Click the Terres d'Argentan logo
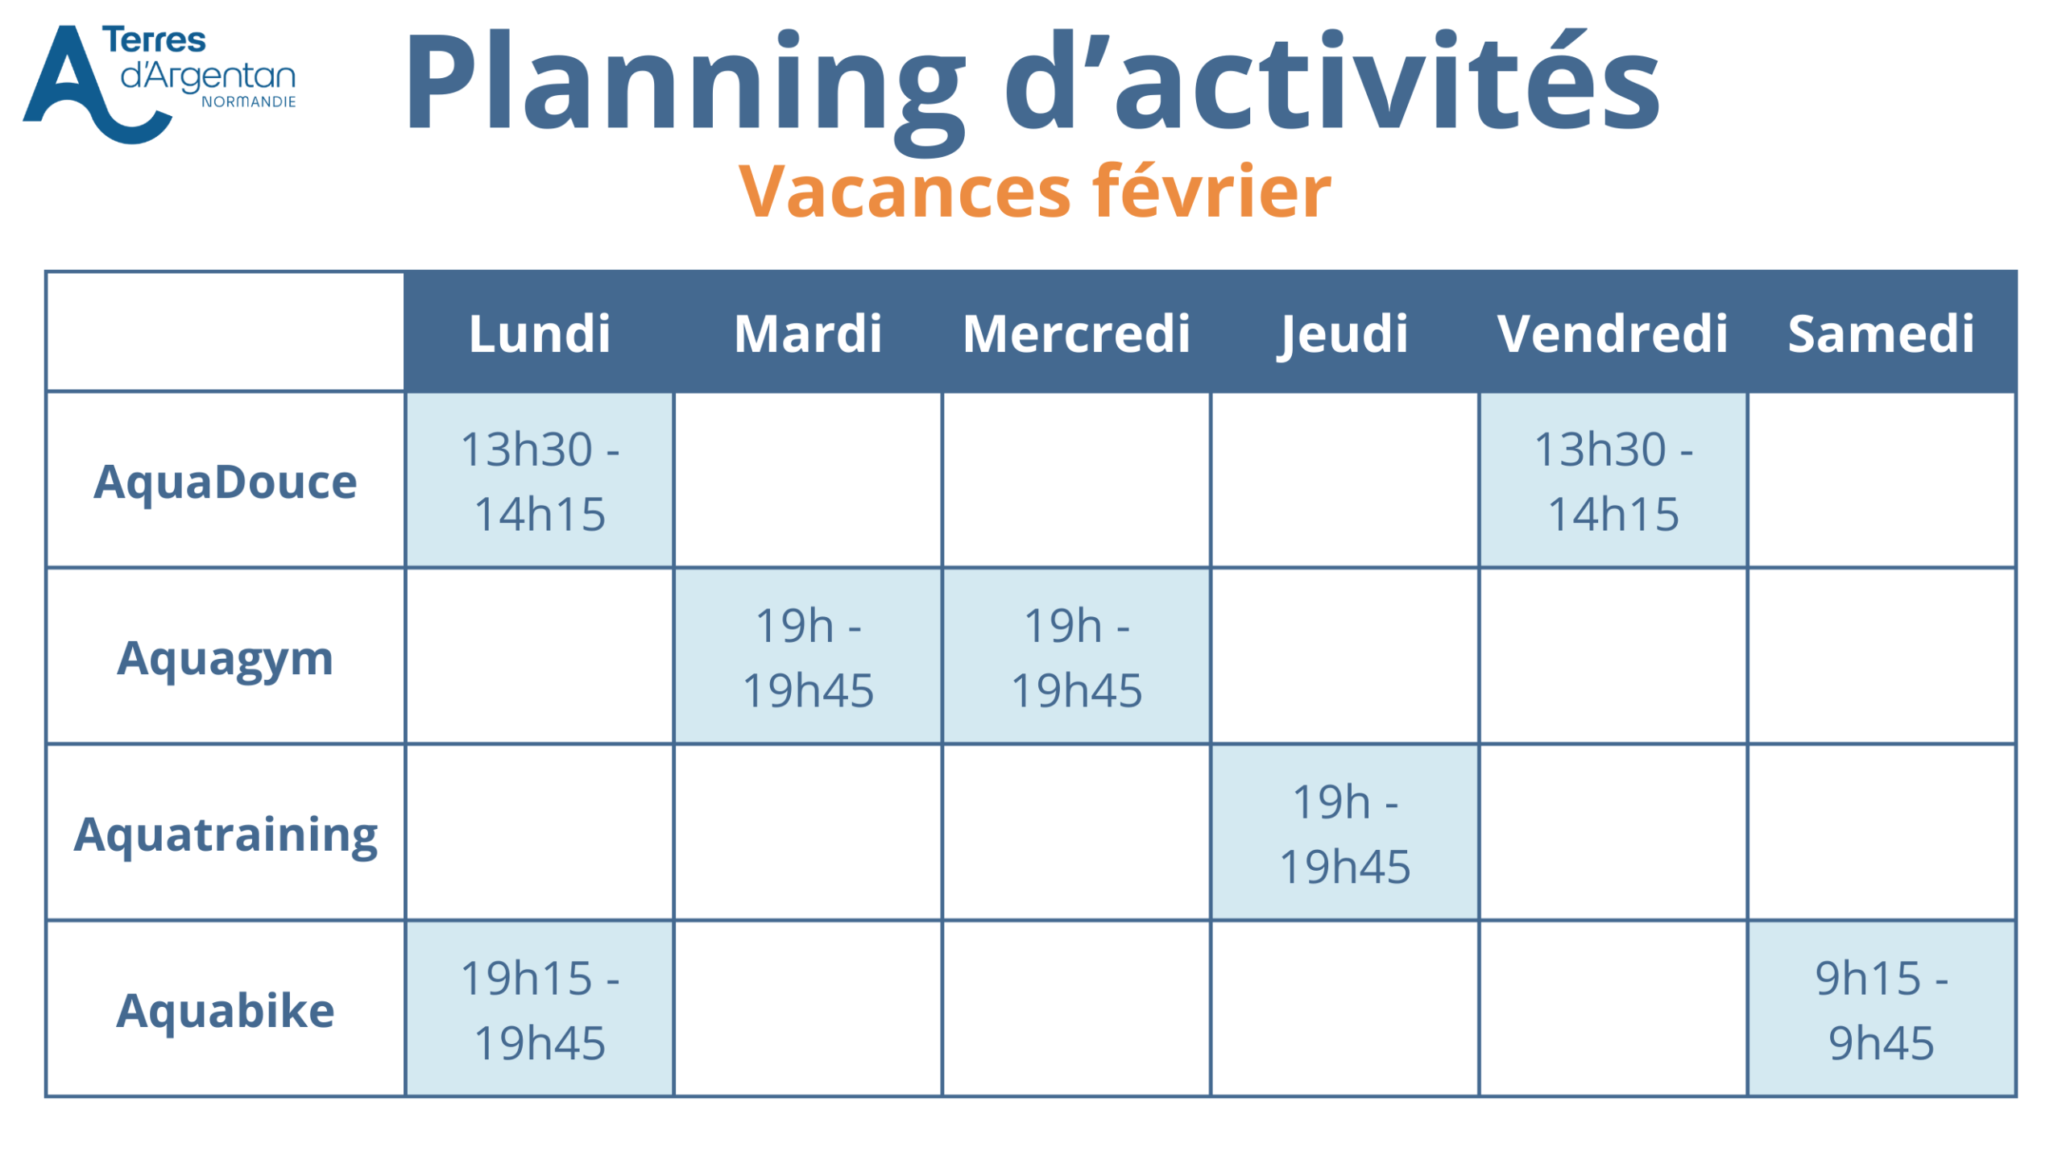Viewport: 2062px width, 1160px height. [x=159, y=84]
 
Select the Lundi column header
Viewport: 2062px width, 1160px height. [x=540, y=333]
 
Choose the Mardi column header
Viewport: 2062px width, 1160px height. [x=808, y=333]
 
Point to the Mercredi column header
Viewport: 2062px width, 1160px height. [x=1076, y=333]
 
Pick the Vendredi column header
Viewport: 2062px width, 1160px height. [x=1613, y=333]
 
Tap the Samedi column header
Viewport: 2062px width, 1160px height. [x=1881, y=333]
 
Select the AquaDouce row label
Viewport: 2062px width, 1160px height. [x=226, y=482]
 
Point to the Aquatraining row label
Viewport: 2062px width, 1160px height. [x=226, y=836]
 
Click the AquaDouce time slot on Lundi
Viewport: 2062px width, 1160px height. [x=540, y=481]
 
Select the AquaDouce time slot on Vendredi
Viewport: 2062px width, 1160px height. [x=1613, y=481]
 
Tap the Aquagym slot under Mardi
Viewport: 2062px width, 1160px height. [x=808, y=657]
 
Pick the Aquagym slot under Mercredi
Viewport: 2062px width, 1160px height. [x=1076, y=657]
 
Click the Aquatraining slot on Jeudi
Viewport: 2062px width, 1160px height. [x=1344, y=834]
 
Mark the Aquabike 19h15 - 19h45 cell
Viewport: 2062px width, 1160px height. [x=540, y=1010]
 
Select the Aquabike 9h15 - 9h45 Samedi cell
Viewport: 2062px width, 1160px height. [x=1882, y=1010]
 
